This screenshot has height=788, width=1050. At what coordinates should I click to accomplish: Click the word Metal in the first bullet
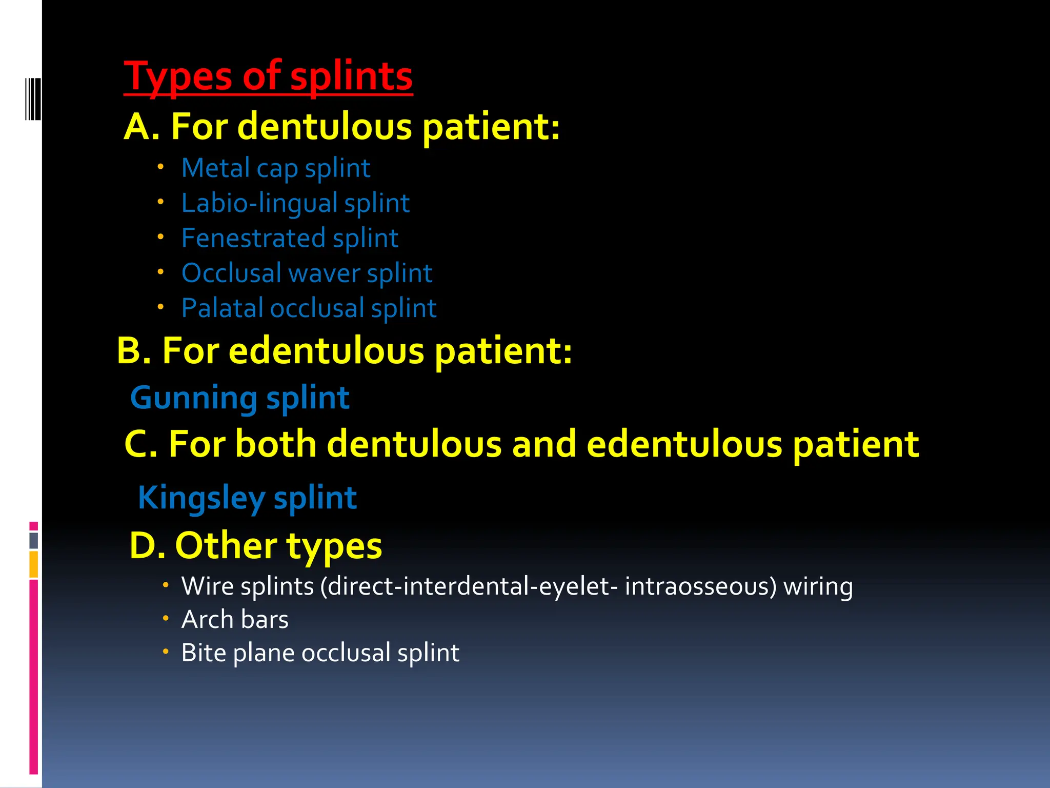pos(215,168)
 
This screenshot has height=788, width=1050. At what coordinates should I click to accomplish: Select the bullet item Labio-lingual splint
pos(295,204)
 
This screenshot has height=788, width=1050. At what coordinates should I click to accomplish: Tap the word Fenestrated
pos(253,238)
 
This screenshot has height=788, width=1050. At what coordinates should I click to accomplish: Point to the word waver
pos(324,273)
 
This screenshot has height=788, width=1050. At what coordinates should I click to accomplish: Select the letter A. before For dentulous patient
pos(142,127)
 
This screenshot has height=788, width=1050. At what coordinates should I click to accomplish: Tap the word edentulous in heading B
pos(326,351)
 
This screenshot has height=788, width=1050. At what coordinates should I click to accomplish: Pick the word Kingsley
pos(201,498)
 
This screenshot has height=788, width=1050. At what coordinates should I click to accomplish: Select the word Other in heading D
pos(226,545)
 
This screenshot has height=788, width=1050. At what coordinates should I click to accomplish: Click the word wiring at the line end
pos(818,586)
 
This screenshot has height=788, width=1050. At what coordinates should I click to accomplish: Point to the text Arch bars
pos(235,620)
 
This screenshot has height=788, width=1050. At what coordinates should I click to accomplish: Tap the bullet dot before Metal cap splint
pos(160,167)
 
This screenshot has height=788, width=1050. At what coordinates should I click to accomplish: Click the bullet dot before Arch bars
pos(165,619)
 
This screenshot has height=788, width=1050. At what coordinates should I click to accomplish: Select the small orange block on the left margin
pos(33,564)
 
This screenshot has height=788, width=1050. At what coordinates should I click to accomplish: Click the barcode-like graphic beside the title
pos(33,98)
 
